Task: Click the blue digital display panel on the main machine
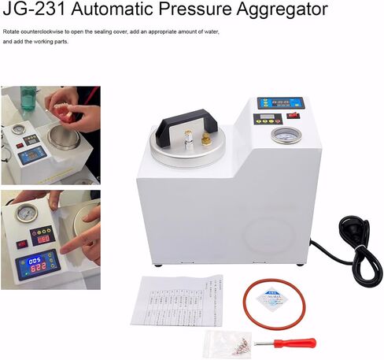(280, 103)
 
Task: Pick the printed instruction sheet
(177, 300)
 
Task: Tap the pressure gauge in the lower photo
(23, 214)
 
